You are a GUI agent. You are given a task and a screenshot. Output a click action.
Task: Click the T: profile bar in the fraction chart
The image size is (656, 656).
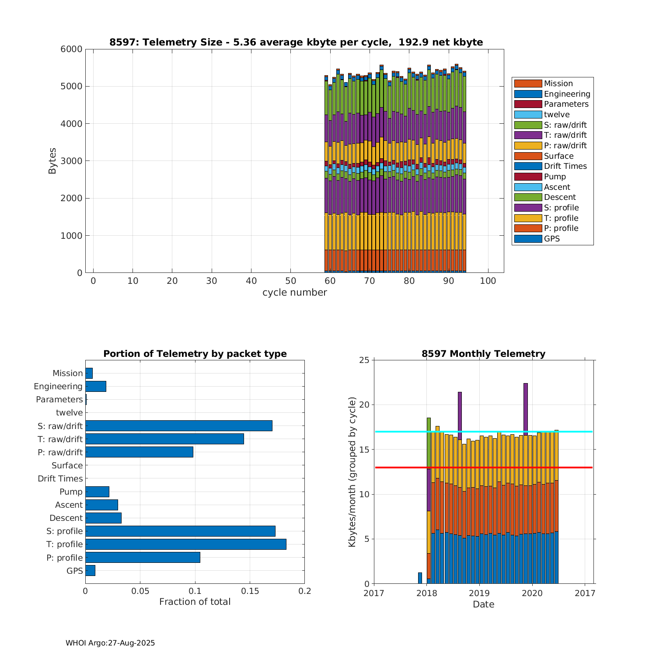pyautogui.click(x=186, y=544)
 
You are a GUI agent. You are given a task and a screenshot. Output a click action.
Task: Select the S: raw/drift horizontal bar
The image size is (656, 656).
pyautogui.click(x=179, y=426)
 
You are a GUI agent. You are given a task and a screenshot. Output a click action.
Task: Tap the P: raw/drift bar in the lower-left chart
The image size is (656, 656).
pyautogui.click(x=139, y=452)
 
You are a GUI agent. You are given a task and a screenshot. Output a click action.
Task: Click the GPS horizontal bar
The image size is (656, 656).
pyautogui.click(x=90, y=570)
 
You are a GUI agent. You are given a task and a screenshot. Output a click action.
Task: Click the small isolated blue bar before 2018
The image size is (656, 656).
pyautogui.click(x=420, y=578)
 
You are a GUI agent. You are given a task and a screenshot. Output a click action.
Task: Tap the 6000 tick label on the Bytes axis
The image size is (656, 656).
pyautogui.click(x=71, y=49)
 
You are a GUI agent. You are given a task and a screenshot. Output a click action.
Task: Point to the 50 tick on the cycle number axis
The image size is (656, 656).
pyautogui.click(x=290, y=281)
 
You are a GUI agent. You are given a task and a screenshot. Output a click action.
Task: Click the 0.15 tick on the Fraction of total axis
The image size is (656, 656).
pyautogui.click(x=250, y=591)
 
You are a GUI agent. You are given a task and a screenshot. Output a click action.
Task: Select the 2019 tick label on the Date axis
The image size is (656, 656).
pyautogui.click(x=479, y=593)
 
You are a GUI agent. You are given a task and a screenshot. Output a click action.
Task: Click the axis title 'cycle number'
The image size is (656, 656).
pyautogui.click(x=294, y=293)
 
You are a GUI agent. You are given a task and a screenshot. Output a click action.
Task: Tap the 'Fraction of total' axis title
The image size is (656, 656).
pyautogui.click(x=195, y=602)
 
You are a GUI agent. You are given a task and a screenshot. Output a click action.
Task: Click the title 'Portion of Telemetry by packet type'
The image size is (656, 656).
pyautogui.click(x=195, y=354)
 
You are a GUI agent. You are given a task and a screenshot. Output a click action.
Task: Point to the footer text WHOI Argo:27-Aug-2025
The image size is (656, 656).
pyautogui.click(x=110, y=643)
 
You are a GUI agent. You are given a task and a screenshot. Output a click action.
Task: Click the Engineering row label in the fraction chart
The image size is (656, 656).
pyautogui.click(x=58, y=386)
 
